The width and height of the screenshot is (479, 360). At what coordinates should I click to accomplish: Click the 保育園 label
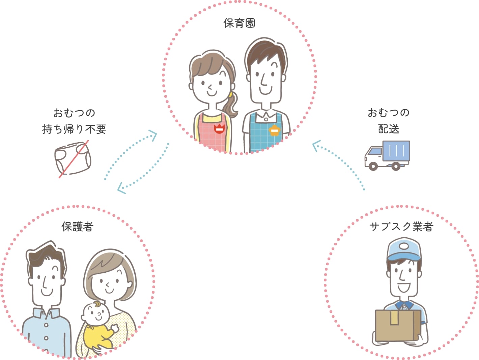[239, 23]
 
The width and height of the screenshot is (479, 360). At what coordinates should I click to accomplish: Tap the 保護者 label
[77, 227]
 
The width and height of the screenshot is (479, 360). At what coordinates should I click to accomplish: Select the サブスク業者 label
[401, 227]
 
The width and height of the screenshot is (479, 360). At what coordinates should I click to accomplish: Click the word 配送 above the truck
[389, 129]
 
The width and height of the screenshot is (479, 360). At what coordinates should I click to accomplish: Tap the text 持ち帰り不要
[74, 129]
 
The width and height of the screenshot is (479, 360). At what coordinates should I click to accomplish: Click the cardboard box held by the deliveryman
[398, 326]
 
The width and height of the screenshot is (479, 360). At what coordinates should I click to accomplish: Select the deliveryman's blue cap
[404, 249]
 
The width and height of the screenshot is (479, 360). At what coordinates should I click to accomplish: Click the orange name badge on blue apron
[275, 130]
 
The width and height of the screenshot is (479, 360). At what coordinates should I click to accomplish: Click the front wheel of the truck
[373, 166]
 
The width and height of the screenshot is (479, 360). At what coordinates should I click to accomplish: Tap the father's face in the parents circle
[47, 276]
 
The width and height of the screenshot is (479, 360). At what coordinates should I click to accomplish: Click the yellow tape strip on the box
[394, 318]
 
